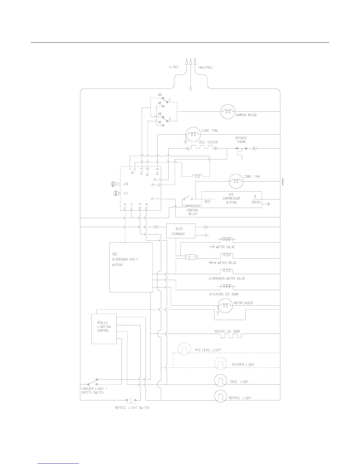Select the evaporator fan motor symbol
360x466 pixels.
192,134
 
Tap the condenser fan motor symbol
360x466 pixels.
236,182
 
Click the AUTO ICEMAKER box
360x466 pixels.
181,231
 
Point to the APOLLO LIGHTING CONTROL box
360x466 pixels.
104,329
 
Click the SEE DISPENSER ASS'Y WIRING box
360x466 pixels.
131,267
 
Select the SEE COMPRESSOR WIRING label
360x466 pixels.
231,199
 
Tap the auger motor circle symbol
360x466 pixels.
225,306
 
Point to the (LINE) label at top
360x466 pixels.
174,67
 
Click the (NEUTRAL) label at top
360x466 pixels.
206,67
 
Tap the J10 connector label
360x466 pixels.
126,184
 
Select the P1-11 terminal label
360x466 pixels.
156,199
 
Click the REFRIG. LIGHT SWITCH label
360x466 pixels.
132,408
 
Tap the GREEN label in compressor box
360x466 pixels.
256,202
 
